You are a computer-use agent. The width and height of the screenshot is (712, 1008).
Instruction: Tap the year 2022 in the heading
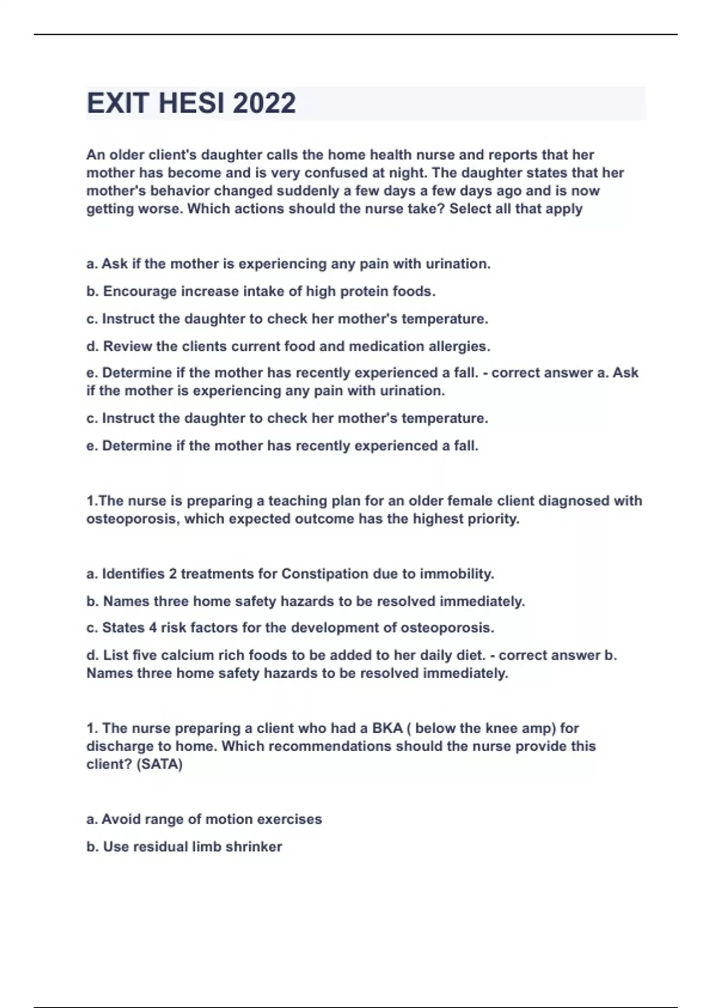click(x=264, y=103)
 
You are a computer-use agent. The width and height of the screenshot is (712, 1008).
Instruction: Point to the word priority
click(x=493, y=519)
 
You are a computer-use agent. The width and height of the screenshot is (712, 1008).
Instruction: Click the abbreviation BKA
click(x=387, y=728)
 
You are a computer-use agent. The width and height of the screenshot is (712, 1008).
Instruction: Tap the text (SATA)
click(x=160, y=764)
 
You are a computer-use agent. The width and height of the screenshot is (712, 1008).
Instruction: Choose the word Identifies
click(x=133, y=574)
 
